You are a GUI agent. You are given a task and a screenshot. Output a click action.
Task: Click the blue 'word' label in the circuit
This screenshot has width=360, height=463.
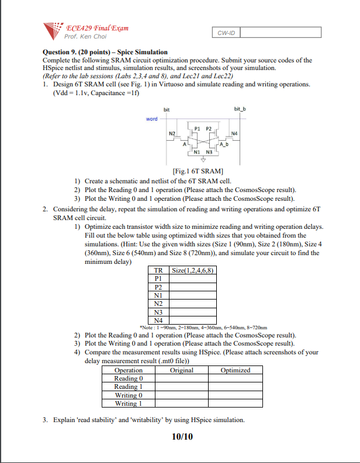coord(152,119)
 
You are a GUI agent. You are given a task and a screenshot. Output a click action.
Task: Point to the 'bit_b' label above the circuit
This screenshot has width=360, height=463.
coord(240,109)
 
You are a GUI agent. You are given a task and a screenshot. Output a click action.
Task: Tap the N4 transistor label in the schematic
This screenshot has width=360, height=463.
coord(234,134)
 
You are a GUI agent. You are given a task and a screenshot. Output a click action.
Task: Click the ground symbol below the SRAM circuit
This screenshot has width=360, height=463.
coord(203,159)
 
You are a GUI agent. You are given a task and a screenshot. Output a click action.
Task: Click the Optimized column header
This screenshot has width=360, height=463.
coord(236,370)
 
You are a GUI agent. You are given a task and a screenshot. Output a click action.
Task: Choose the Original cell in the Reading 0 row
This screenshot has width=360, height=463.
coord(181,378)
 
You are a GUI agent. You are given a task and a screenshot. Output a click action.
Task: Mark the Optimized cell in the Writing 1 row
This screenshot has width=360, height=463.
coord(236,403)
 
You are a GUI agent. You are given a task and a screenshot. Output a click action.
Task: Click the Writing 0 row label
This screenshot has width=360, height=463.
coord(128,395)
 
